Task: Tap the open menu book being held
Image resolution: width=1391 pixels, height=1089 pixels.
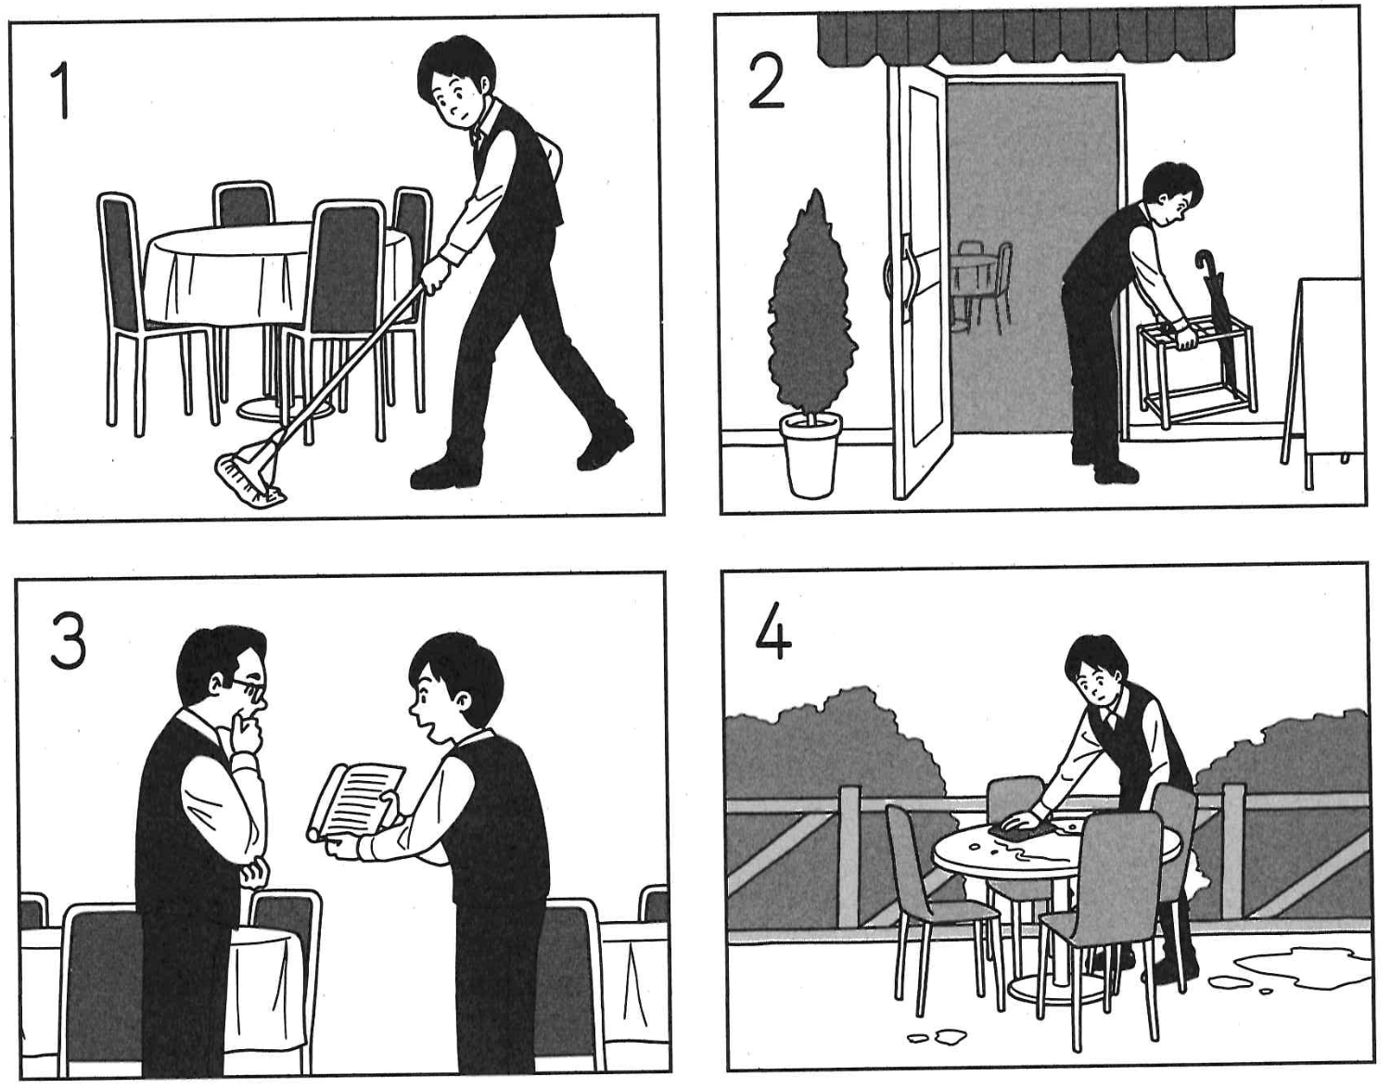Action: [356, 801]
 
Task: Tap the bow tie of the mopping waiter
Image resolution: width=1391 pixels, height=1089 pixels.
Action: [475, 136]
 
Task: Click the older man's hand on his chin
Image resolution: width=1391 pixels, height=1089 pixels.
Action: [246, 730]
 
